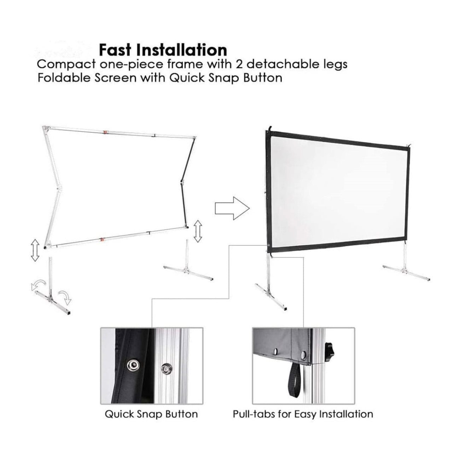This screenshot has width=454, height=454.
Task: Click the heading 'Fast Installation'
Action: (163, 50)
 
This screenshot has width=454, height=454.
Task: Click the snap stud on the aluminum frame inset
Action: (165, 369)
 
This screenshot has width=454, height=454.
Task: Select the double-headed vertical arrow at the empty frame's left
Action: (34, 250)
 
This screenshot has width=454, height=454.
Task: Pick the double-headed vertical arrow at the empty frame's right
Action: (198, 231)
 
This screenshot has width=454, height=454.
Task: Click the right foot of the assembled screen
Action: (407, 272)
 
